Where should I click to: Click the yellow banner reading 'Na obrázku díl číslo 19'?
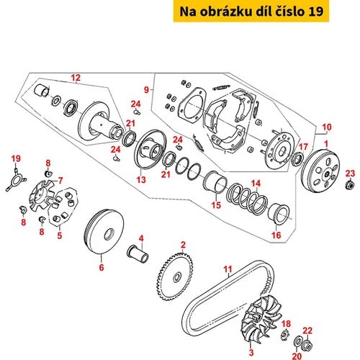tap(251, 12)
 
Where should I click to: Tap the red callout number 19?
tap(16, 158)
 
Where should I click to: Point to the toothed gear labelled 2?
tap(176, 276)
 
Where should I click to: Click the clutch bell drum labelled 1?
tap(320, 171)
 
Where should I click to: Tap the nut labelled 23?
tap(349, 184)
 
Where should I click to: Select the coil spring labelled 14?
tap(247, 198)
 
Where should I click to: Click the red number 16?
tap(276, 235)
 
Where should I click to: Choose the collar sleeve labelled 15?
tap(215, 181)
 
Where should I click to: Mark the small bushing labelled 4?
tap(138, 254)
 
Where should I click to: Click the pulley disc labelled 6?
tap(104, 231)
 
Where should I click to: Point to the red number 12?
tap(76, 78)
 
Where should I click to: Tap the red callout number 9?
tap(146, 90)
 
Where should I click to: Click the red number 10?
tap(327, 127)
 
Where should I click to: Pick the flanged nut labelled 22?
tap(308, 345)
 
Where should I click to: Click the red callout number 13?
tap(141, 179)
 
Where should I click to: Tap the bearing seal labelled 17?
tap(298, 158)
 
